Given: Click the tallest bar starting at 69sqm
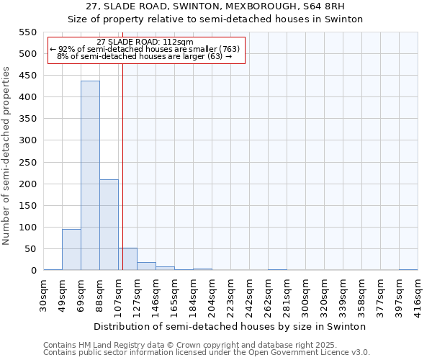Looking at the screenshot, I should pyautogui.click(x=90, y=176).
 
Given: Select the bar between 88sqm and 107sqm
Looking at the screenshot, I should pyautogui.click(x=109, y=225).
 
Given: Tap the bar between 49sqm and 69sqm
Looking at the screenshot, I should pyautogui.click(x=71, y=249).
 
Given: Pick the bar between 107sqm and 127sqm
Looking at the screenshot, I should pyautogui.click(x=127, y=259).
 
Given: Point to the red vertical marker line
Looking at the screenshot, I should pyautogui.click(x=123, y=166).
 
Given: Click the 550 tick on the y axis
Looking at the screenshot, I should pyautogui.click(x=27, y=32).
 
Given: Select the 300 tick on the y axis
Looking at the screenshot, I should pyautogui.click(x=27, y=140).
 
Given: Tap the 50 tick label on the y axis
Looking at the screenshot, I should pyautogui.click(x=30, y=249).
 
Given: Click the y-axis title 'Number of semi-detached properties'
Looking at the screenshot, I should pyautogui.click(x=6, y=156).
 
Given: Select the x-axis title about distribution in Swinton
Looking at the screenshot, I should pyautogui.click(x=230, y=326).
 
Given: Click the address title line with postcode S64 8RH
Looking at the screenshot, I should pyautogui.click(x=215, y=6).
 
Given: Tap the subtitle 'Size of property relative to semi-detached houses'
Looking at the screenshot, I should pyautogui.click(x=215, y=19).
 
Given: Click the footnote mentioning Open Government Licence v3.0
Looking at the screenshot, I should pyautogui.click(x=207, y=353).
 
